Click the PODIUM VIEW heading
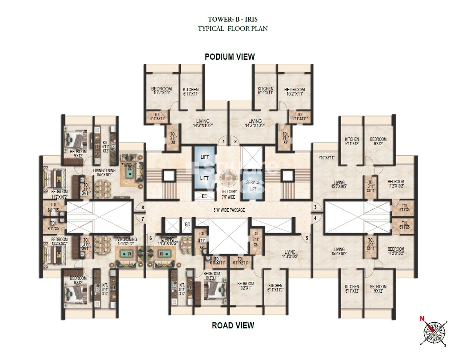pos(230,57)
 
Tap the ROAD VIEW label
pos(233,325)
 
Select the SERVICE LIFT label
pos(253,185)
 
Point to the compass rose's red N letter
pos(422,319)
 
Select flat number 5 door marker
pos(307,238)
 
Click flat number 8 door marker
pos(143,208)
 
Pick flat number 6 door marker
pos(150,238)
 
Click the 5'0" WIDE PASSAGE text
pos(229,210)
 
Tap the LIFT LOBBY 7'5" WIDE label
pos(228,195)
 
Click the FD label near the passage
pos(187,224)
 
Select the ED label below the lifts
pos(205,196)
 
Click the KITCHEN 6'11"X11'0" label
pos(275,288)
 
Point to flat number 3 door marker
pos(315,208)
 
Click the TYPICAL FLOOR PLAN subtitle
pos(232,28)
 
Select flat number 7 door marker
pos(143,219)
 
